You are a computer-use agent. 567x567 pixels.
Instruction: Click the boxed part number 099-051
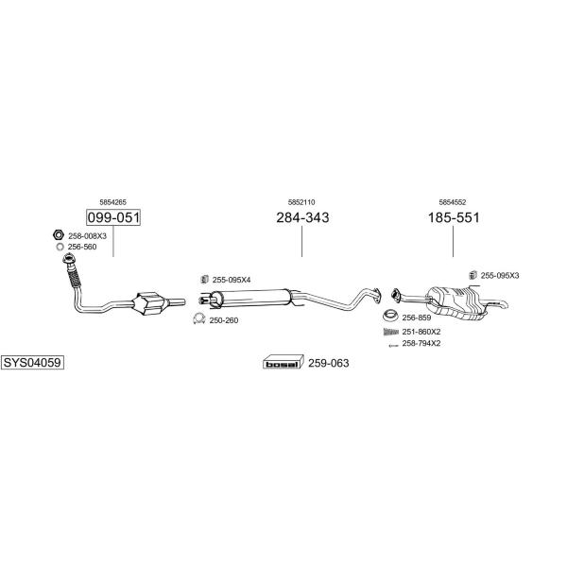tap(113, 217)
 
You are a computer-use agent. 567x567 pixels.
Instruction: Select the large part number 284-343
tap(302, 217)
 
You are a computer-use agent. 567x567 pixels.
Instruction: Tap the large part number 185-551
tap(454, 217)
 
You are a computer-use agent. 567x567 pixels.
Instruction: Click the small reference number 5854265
tap(112, 202)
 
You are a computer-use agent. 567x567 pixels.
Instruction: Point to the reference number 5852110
tap(301, 202)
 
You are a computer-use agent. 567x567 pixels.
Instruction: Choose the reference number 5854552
tap(453, 202)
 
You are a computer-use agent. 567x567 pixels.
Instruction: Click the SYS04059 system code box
tap(32, 362)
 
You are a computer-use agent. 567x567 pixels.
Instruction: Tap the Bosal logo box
tap(283, 362)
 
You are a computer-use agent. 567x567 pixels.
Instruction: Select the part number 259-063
tap(328, 363)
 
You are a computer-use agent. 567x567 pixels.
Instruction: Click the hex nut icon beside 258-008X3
tap(59, 235)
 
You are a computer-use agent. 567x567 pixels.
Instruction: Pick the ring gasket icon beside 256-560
tap(60, 247)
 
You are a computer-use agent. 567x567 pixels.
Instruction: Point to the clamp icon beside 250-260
tap(198, 318)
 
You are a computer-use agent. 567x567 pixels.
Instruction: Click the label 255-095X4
tap(232, 280)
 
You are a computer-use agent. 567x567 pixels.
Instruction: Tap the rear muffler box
tap(456, 303)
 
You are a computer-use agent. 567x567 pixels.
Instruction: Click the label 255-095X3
tap(500, 276)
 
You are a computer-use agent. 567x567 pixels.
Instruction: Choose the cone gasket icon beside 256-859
tap(390, 316)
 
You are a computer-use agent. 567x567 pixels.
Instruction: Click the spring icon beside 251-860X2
tap(391, 332)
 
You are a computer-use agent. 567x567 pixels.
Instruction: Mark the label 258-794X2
tap(421, 344)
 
